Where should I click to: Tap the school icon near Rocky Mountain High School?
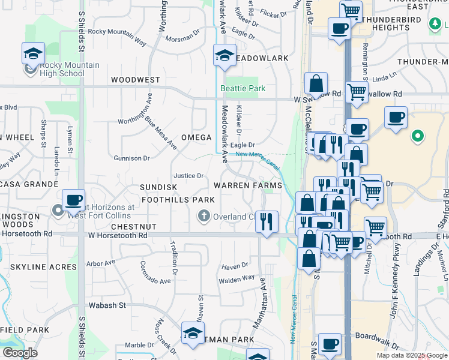pos(34,54)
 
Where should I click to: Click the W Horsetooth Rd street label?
pos(118,236)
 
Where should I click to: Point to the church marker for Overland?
pos(204,217)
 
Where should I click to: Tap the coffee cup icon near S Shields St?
pos(73,200)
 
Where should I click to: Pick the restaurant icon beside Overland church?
pos(267,221)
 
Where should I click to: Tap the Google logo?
pos(19,352)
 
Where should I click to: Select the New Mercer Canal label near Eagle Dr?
pos(258,155)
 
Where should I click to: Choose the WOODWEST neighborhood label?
pos(136,80)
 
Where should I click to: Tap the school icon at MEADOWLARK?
pos(225,56)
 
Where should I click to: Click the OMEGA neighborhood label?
pos(197,137)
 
